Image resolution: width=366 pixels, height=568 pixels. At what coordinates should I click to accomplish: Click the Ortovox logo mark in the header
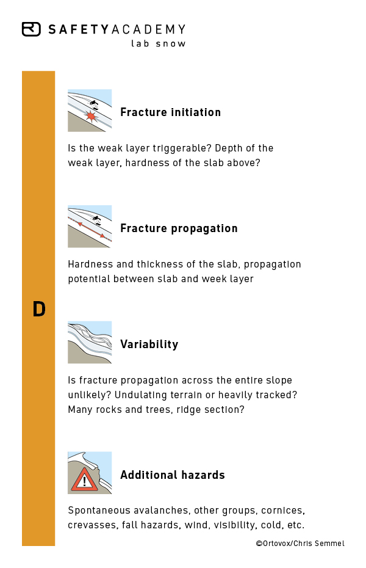click(x=31, y=29)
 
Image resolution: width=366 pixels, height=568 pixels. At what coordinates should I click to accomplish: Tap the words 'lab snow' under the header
click(x=159, y=43)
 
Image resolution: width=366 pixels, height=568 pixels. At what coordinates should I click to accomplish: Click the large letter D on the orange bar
click(x=39, y=309)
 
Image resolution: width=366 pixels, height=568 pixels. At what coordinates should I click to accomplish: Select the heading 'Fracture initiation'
click(x=170, y=112)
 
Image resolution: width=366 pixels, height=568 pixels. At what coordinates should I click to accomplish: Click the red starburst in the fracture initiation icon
click(x=90, y=115)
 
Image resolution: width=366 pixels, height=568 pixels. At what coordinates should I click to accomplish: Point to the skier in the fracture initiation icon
click(x=95, y=106)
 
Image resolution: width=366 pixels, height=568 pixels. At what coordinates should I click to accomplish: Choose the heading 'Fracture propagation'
click(x=179, y=228)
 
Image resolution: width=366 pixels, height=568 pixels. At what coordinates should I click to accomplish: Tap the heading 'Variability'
click(x=149, y=344)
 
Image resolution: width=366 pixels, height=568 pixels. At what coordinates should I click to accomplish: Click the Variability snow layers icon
click(x=90, y=342)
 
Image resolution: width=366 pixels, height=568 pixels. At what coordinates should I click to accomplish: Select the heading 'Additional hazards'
click(x=173, y=475)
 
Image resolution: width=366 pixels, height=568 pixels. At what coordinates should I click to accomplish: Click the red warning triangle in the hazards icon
click(x=84, y=479)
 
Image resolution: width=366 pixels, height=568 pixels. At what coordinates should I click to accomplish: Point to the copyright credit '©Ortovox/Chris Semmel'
click(x=300, y=544)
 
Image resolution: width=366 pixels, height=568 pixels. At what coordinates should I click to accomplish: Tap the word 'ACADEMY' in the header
click(x=149, y=29)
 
